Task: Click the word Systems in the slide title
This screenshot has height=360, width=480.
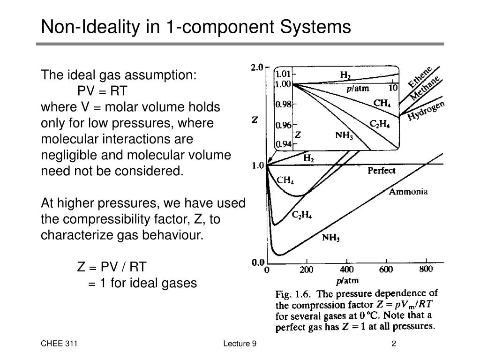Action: click(315, 27)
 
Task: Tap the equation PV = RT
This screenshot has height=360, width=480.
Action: click(102, 91)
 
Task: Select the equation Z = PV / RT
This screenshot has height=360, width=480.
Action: click(112, 267)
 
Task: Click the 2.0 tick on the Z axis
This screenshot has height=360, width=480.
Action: click(257, 67)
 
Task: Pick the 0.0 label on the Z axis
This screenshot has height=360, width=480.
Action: click(258, 262)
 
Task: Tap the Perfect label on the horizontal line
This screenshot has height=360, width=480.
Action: click(382, 171)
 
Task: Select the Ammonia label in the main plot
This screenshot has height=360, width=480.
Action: click(408, 192)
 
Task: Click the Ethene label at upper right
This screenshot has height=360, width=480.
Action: click(420, 76)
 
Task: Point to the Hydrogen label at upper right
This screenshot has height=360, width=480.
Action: click(426, 111)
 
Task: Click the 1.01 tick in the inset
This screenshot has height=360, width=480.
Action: click(283, 74)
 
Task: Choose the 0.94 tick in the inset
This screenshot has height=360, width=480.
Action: click(283, 144)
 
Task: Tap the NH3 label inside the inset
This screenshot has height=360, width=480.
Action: click(344, 135)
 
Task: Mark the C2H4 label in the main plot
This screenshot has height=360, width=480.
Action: click(302, 215)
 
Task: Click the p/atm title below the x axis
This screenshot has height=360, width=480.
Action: click(347, 281)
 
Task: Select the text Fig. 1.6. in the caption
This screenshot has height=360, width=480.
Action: click(293, 294)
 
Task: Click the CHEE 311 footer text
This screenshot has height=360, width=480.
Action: click(59, 344)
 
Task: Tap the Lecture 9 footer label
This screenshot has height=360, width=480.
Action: click(240, 344)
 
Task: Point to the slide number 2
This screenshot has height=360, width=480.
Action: click(394, 344)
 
